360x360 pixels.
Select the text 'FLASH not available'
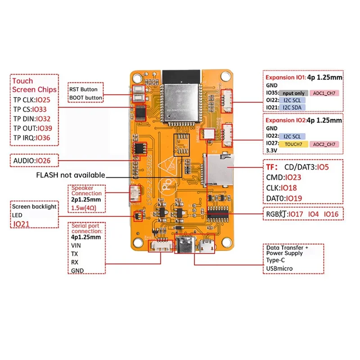71,175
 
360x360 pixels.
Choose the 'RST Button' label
83,89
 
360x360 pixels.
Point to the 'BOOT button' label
85,97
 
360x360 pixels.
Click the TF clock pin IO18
290,187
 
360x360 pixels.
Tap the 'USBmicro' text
280,269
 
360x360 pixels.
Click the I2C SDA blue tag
293,107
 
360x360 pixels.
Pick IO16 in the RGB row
332,214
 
